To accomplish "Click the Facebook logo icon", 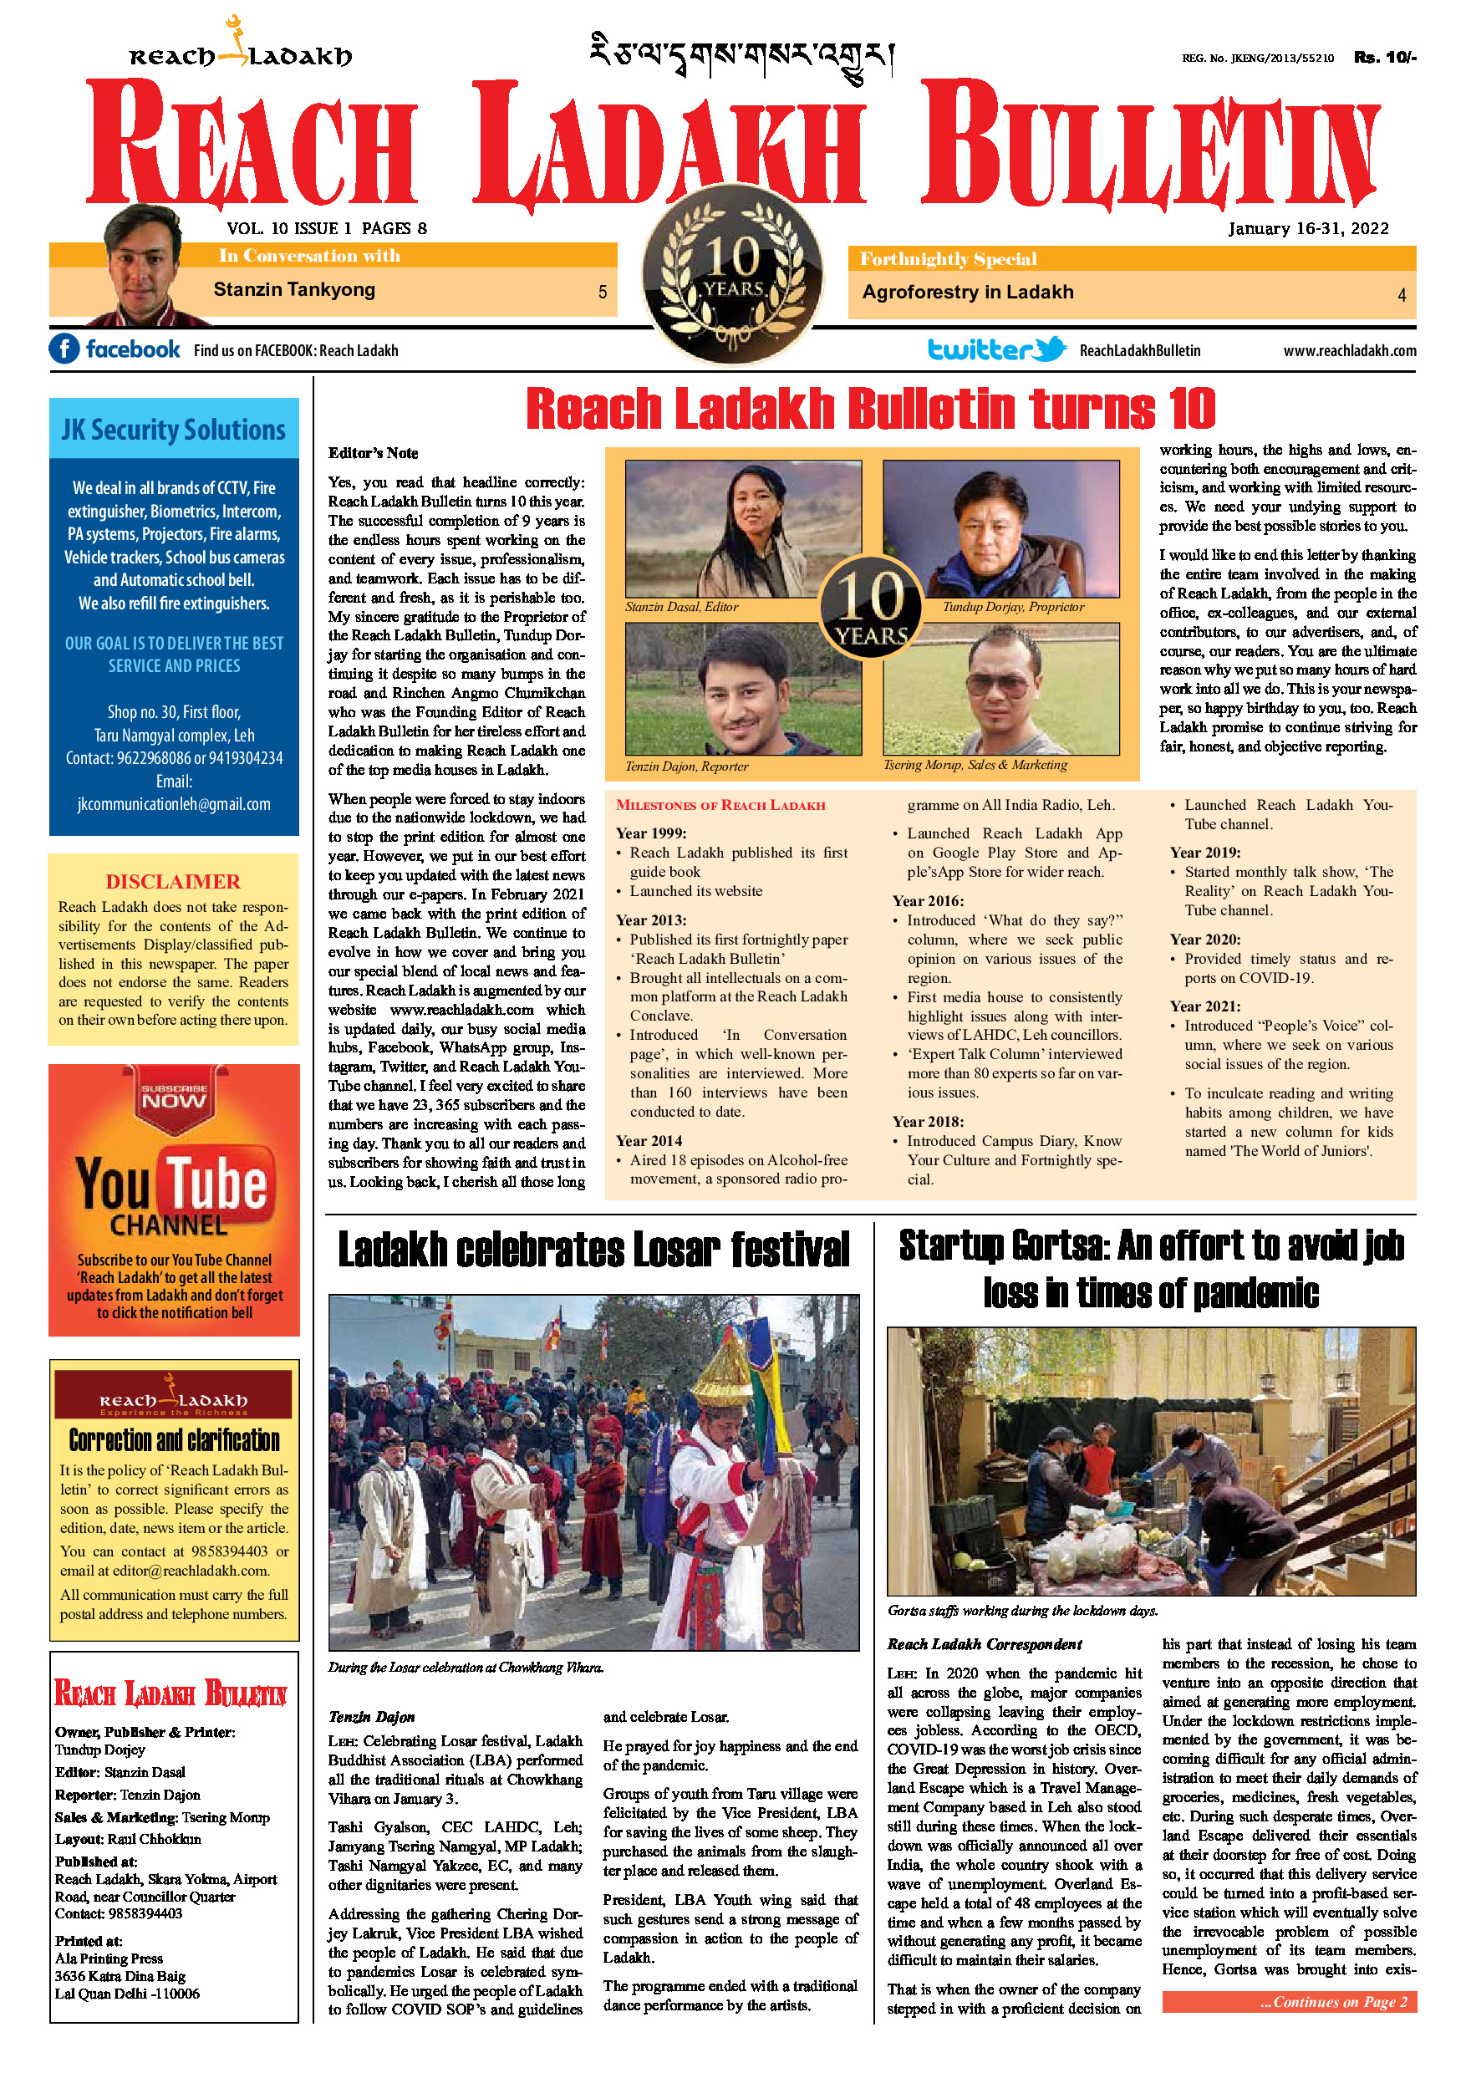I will pyautogui.click(x=64, y=349).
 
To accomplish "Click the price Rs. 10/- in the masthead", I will pyautogui.click(x=1384, y=58).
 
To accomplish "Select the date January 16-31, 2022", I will pyautogui.click(x=1308, y=228).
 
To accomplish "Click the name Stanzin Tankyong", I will pyautogui.click(x=294, y=290).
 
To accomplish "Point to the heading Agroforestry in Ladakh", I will pyautogui.click(x=968, y=293).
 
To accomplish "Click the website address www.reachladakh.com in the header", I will pyautogui.click(x=1350, y=350).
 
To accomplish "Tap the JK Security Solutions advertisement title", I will pyautogui.click(x=173, y=430).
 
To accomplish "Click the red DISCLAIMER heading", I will pyautogui.click(x=173, y=881).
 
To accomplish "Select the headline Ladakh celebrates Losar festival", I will pyautogui.click(x=593, y=1250).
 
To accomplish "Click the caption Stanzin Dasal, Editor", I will pyautogui.click(x=681, y=607).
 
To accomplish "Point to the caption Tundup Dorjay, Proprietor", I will pyautogui.click(x=1013, y=607).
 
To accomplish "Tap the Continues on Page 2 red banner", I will pyautogui.click(x=1288, y=2002).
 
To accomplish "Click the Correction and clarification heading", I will pyautogui.click(x=174, y=1440).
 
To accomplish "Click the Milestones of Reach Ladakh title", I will pyautogui.click(x=720, y=805).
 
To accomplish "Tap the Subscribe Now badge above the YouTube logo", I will pyautogui.click(x=174, y=1097).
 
